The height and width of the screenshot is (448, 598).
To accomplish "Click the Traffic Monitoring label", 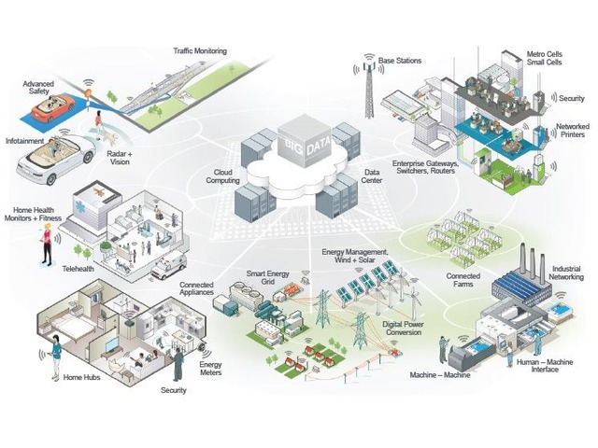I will tap(200, 50).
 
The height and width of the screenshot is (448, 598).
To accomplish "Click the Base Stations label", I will tap(400, 61).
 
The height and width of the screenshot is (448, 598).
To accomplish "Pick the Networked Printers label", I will tap(572, 131).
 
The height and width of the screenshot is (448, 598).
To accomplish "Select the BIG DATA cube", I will tap(301, 144).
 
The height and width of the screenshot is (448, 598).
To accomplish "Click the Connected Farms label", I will tap(463, 281).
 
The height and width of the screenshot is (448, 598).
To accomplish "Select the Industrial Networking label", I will tap(567, 273).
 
